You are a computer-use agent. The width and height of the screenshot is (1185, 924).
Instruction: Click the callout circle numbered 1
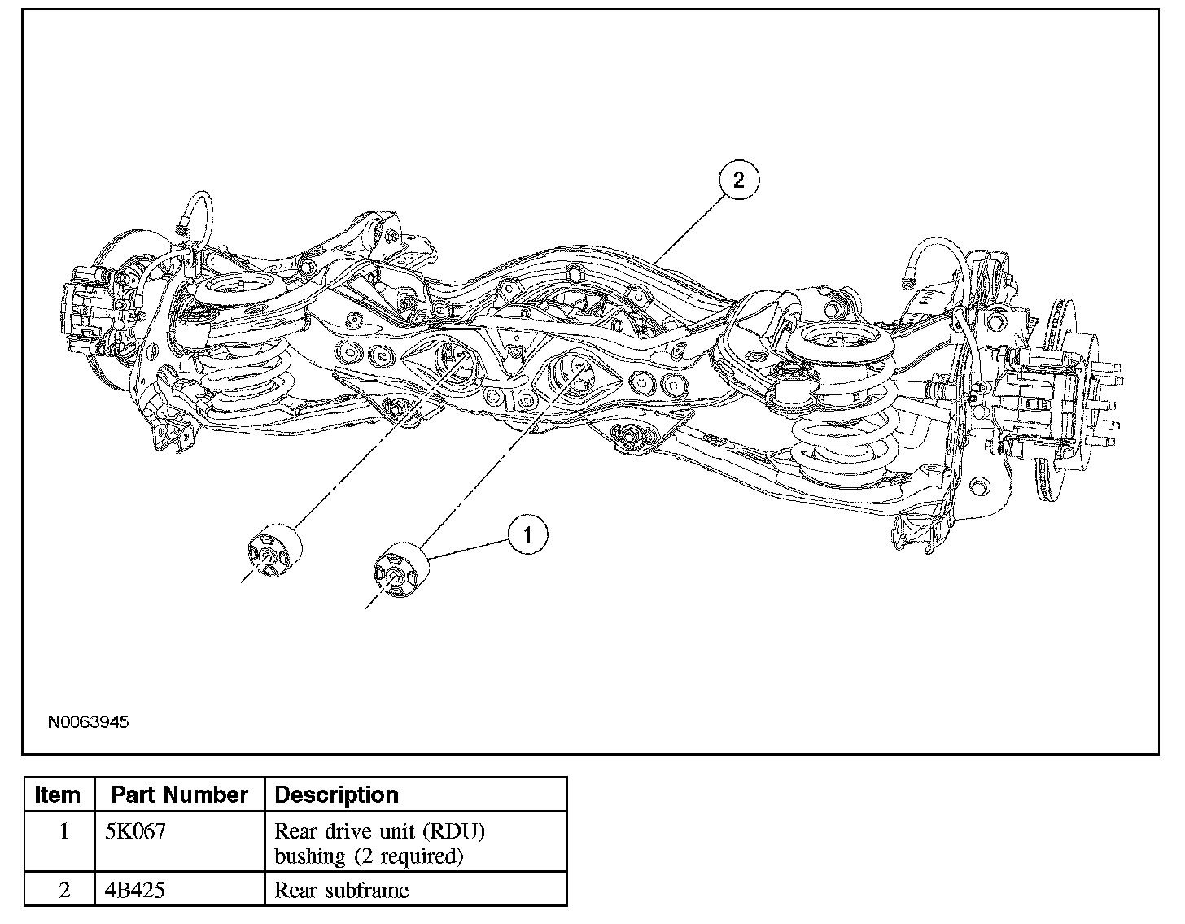(528, 534)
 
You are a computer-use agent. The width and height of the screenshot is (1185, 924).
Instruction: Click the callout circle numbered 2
(738, 180)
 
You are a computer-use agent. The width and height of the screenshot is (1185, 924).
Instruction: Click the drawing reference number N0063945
(88, 721)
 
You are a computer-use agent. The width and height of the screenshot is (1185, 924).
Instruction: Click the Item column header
(59, 795)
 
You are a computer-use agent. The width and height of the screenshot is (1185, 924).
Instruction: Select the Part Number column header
(179, 795)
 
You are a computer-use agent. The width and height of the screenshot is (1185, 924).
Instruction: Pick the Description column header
(337, 795)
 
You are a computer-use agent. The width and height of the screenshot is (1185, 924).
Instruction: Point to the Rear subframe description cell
(342, 890)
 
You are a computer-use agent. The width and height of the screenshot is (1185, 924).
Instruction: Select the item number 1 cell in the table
(64, 832)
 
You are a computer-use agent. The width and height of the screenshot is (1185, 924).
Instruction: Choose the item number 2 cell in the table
(64, 890)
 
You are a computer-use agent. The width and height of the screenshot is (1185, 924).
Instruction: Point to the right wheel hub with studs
(1091, 390)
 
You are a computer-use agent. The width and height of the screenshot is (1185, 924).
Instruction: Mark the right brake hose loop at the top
(936, 260)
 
